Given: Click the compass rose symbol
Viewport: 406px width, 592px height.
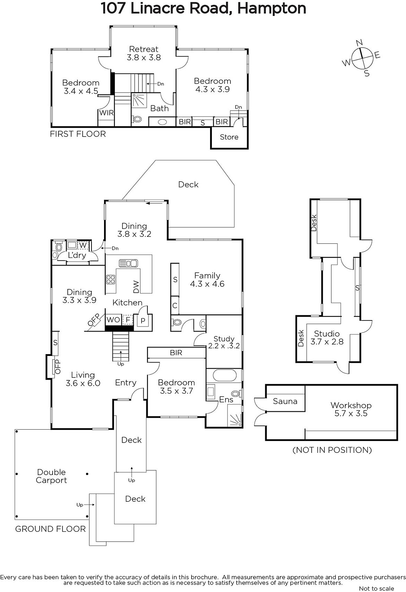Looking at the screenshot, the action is click(362, 58).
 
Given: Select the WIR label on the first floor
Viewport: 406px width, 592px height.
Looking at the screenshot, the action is click(106, 113).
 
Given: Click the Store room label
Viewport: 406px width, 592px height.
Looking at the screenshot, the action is click(229, 137).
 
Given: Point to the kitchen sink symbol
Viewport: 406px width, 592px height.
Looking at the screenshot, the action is click(129, 263).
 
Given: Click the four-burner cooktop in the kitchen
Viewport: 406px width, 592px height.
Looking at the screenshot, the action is click(111, 279).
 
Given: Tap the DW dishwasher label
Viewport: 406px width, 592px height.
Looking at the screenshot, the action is click(136, 286).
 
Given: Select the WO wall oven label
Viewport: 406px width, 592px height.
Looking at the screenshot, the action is click(113, 320).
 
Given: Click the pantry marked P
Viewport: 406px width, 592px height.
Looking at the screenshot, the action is click(143, 320).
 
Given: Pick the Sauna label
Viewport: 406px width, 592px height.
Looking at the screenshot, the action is click(285, 401).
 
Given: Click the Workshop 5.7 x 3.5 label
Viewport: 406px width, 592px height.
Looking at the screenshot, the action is click(351, 409).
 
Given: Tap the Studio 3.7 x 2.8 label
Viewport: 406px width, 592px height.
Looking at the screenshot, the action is click(327, 337).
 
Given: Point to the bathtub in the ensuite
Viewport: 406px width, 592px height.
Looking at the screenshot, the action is click(224, 376).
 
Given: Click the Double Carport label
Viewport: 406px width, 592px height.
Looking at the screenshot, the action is click(51, 476).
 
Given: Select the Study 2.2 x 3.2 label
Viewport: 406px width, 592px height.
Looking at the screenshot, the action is click(224, 342).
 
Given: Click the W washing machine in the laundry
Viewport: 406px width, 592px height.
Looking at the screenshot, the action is click(83, 245).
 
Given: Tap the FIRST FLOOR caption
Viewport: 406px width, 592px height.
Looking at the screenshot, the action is click(78, 134).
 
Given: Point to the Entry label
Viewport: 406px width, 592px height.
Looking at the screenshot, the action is click(126, 383).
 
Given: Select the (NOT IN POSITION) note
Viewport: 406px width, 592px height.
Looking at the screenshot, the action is click(332, 450).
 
